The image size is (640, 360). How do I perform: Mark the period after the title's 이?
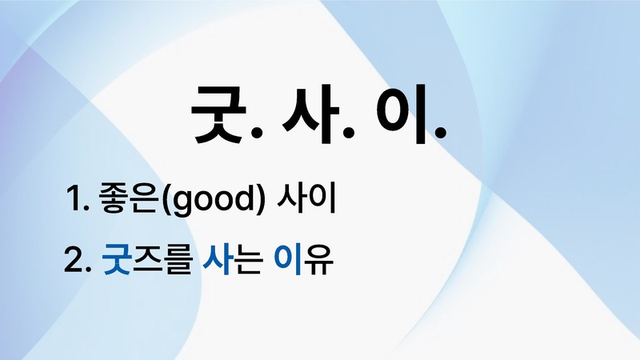click(x=438, y=136)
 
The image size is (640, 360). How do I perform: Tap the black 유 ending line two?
click(x=316, y=261)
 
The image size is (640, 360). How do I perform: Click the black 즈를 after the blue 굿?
click(x=162, y=261)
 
